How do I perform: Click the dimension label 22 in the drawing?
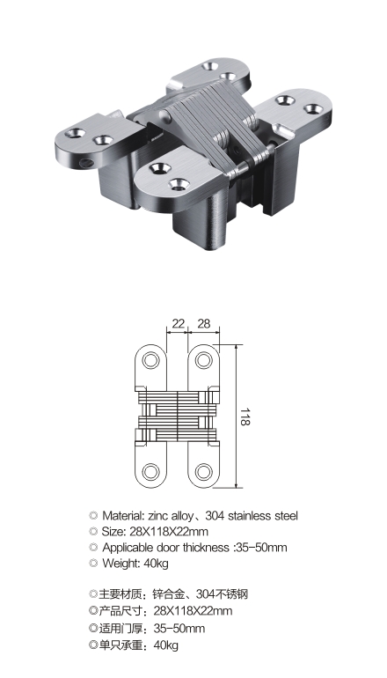tap(178, 323)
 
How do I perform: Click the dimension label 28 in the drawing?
tap(203, 323)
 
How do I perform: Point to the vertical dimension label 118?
tap(245, 416)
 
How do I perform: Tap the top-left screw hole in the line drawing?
tap(151, 360)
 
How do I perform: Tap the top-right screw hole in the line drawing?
tap(204, 360)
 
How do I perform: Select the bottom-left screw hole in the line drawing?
tap(151, 472)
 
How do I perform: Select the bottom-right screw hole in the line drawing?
tap(204, 472)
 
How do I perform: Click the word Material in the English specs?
tap(122, 515)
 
